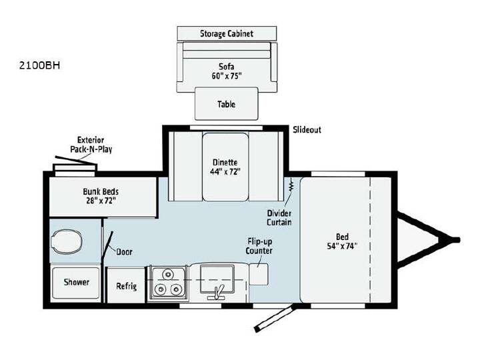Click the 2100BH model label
tap(39, 65)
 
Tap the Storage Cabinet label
tap(227, 33)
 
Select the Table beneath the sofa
tap(227, 104)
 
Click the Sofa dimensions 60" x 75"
tap(227, 76)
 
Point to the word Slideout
tap(307, 129)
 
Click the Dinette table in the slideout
tap(225, 167)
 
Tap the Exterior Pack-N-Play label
tap(91, 145)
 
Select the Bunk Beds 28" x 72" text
tap(101, 196)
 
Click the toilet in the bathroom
tap(67, 241)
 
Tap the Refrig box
tap(126, 285)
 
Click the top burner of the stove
tap(168, 275)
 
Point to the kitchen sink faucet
tap(217, 293)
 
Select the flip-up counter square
tap(259, 274)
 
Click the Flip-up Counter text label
tap(259, 247)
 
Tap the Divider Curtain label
tap(279, 217)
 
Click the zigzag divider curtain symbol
tap(291, 185)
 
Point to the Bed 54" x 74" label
tap(342, 241)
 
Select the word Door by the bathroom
tap(124, 252)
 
